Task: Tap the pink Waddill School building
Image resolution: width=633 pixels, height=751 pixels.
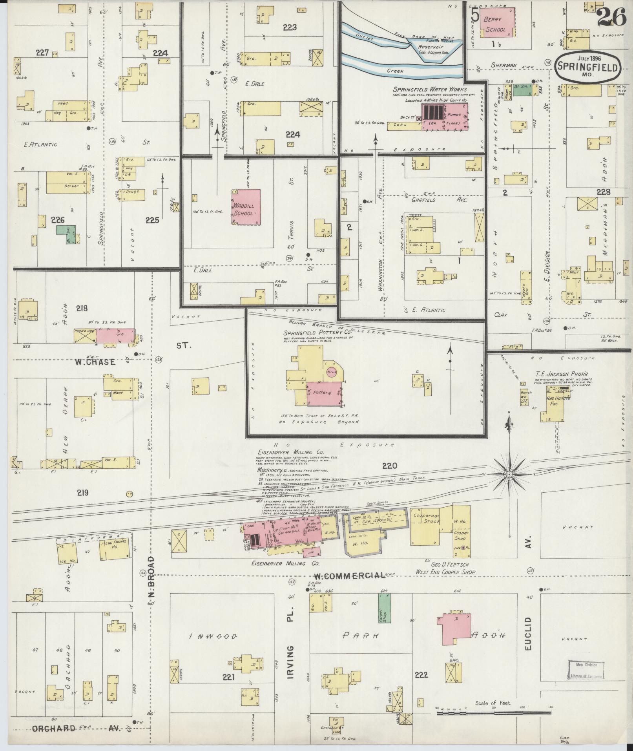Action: pos(246,207)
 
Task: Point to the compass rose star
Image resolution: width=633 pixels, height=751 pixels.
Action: pos(509,475)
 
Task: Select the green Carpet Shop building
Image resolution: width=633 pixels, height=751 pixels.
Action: pos(384,612)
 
